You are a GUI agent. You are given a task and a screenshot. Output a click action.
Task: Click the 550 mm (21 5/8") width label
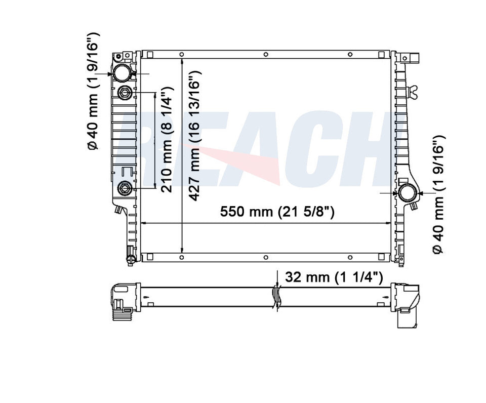click(x=277, y=212)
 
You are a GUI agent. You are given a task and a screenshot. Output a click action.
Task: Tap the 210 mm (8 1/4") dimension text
click(x=169, y=142)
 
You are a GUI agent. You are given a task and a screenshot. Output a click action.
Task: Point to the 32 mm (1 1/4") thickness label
click(x=334, y=277)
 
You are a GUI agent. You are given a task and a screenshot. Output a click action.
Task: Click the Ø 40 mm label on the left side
click(x=94, y=91)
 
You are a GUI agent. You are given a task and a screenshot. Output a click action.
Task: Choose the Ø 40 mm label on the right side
click(x=438, y=194)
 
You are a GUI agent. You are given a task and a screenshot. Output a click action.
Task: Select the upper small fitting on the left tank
click(x=125, y=93)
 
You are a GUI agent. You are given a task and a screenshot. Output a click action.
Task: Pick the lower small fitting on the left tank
click(x=125, y=189)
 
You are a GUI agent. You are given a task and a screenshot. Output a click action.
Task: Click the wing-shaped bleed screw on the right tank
click(x=415, y=91)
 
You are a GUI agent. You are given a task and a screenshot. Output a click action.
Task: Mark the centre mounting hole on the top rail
click(x=266, y=55)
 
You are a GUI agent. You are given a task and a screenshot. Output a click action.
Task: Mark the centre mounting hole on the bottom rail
click(x=266, y=258)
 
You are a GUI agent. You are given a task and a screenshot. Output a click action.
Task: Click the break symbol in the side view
click(x=276, y=297)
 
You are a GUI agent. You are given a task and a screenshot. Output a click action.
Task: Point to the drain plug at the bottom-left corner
click(x=130, y=256)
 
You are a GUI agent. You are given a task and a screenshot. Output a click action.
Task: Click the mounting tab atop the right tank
click(x=415, y=57)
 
